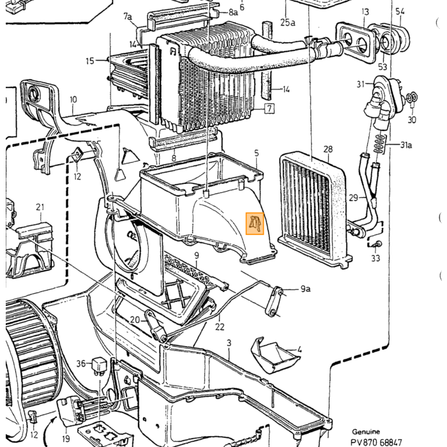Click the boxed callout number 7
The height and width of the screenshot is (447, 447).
click(x=269, y=109)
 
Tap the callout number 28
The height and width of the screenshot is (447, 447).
click(x=328, y=149)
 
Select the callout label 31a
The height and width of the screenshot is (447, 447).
click(x=406, y=145)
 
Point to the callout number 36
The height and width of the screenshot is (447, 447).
click(x=81, y=363)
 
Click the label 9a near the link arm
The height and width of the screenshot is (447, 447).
click(x=305, y=289)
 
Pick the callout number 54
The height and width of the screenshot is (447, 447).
click(x=400, y=11)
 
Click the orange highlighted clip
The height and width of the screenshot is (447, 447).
click(x=255, y=223)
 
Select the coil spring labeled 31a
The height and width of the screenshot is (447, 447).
click(x=379, y=144)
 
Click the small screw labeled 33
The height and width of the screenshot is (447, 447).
click(x=377, y=244)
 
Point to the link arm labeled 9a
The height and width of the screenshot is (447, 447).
click(x=273, y=302)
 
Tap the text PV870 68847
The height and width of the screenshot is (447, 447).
click(x=376, y=442)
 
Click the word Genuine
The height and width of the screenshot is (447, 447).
click(x=366, y=432)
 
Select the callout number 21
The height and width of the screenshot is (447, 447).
click(x=40, y=207)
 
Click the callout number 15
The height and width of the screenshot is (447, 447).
click(x=90, y=61)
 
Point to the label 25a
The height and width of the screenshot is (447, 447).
click(x=287, y=22)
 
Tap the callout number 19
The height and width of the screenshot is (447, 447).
click(x=66, y=438)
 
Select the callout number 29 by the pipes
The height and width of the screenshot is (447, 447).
click(x=354, y=197)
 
